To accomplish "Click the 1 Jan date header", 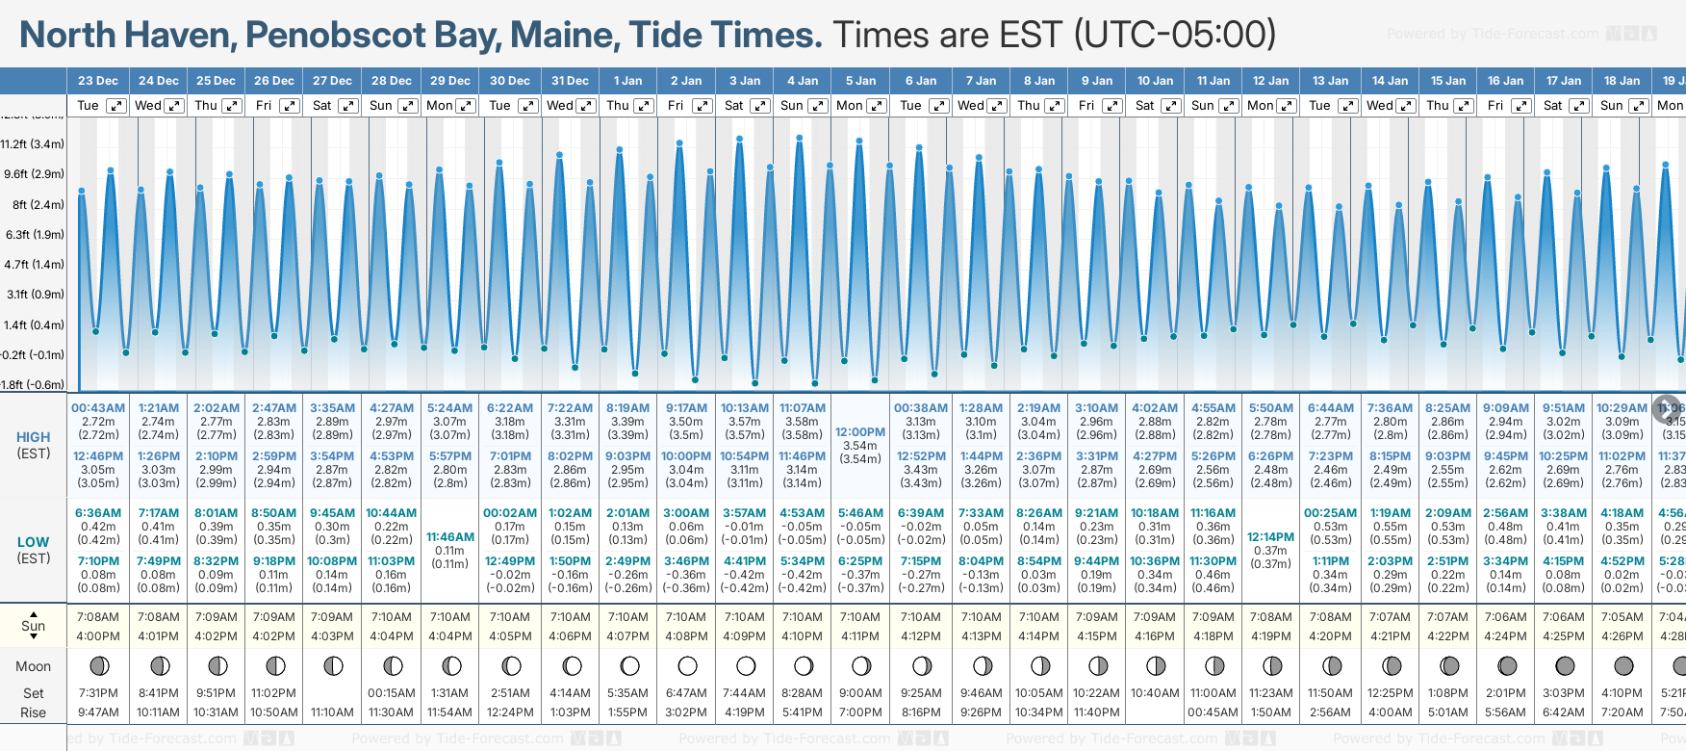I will pos(627,81).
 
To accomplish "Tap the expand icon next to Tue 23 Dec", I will pos(115,106).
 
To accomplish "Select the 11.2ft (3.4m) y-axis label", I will pos(33,144).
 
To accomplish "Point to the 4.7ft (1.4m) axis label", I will pos(33,264).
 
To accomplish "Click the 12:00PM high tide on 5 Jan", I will pos(860,432).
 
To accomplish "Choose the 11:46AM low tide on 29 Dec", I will pos(450,537).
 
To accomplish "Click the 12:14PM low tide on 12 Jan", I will pos(1270,537).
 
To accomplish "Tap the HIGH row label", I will pos(34,437).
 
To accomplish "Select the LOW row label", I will pos(34,542).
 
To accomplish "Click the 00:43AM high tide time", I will pos(98,408).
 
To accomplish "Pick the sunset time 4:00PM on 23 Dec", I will pos(98,636).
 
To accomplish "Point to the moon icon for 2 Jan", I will pos(687,665).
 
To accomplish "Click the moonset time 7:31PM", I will pos(98,693).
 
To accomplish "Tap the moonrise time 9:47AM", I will pos(98,712).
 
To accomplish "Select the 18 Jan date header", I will pos(1622,81).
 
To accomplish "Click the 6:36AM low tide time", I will pos(98,513).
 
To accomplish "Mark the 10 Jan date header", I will pos(1155,81).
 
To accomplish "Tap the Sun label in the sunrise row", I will pos(34,626).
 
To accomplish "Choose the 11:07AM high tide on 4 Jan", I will pos(803,408).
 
